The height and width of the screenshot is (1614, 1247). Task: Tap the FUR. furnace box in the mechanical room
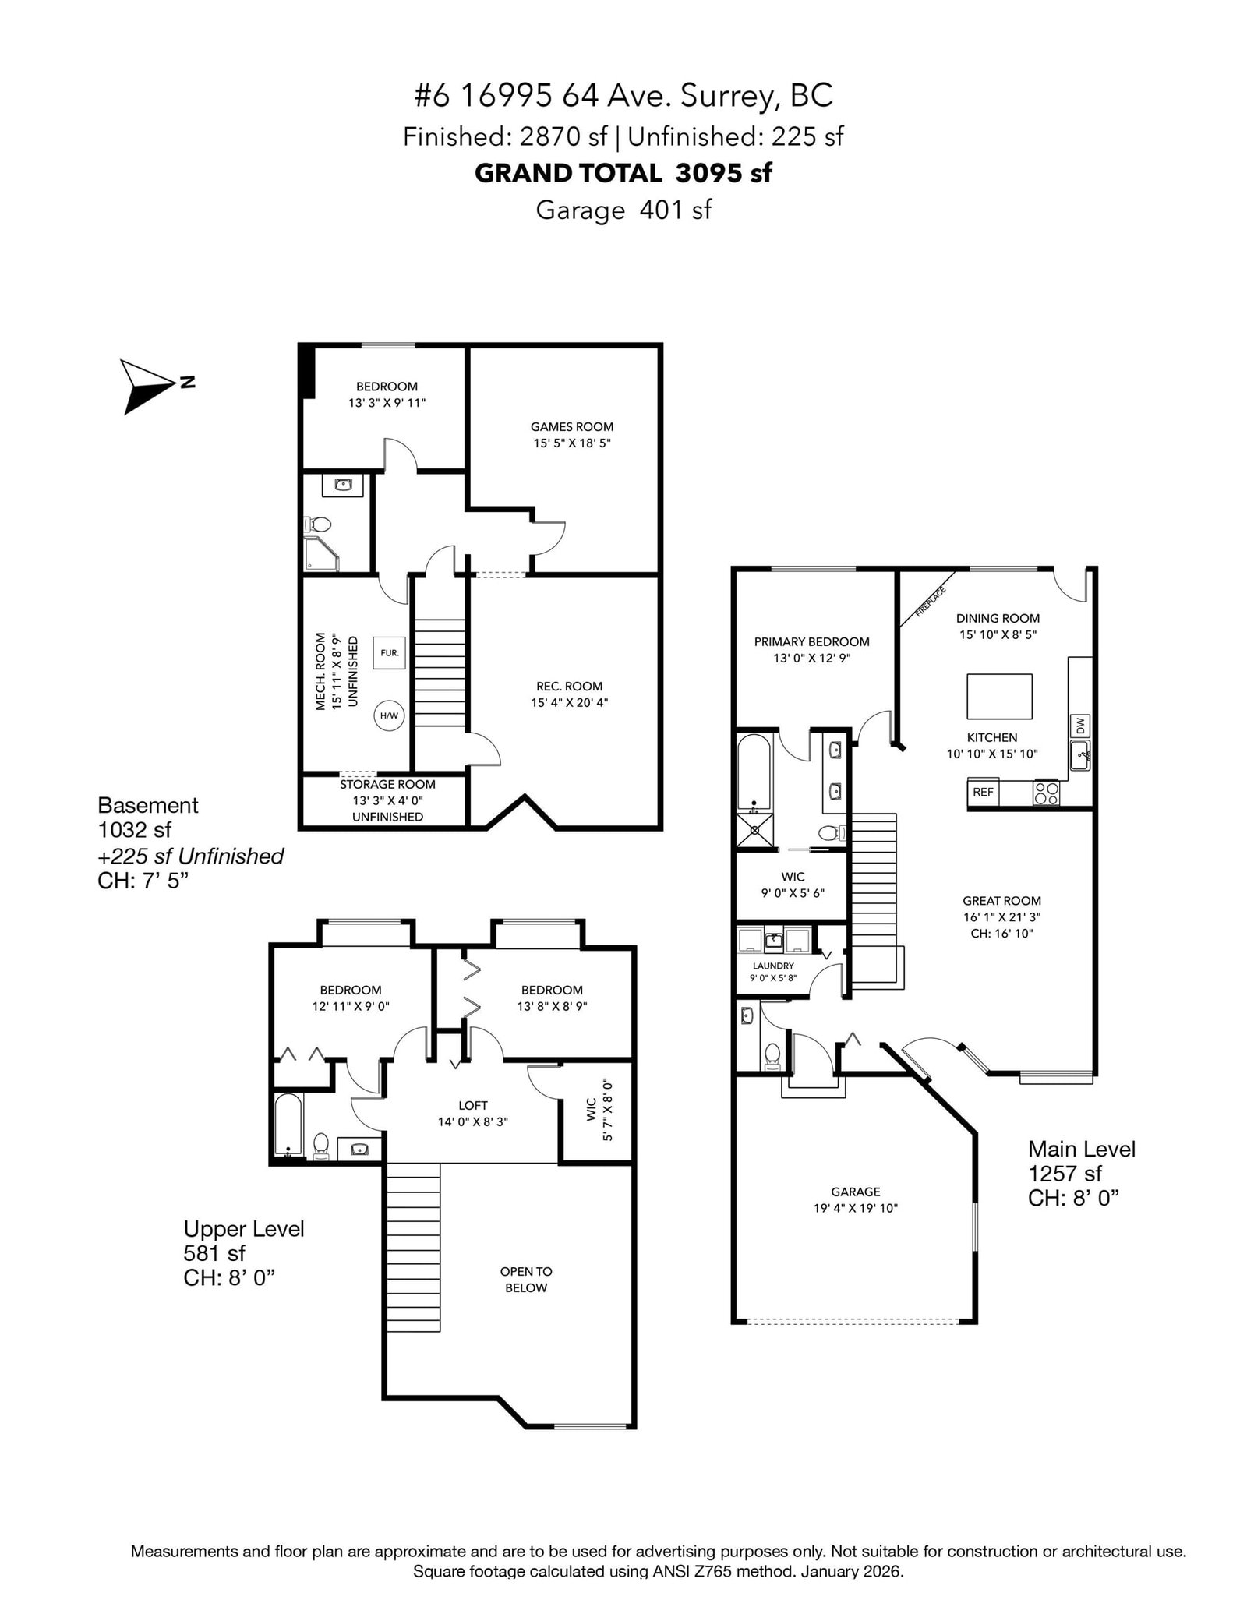[390, 652]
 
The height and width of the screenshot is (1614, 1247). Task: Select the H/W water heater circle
[389, 715]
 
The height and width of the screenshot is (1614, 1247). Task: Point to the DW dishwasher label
[1080, 726]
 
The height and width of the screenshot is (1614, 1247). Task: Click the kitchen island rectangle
[1000, 696]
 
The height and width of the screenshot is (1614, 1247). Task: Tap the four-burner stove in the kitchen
[1047, 793]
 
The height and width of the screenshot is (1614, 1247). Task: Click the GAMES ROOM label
[572, 426]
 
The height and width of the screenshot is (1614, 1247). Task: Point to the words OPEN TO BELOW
[526, 1279]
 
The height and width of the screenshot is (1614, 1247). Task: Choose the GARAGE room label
[856, 1192]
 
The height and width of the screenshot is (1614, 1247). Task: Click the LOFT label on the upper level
[473, 1105]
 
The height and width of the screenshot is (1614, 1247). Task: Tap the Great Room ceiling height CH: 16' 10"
[1001, 933]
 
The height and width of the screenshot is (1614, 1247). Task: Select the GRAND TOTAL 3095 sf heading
[623, 173]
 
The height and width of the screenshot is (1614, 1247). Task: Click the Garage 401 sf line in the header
[623, 210]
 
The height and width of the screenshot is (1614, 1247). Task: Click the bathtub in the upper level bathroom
[288, 1125]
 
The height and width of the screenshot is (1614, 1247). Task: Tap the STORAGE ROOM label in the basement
[387, 785]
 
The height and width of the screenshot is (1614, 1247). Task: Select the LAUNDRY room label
[773, 966]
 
